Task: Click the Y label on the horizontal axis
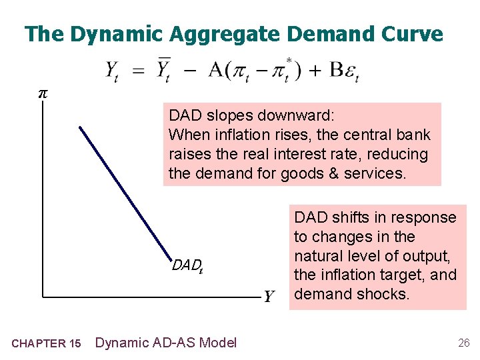[269, 296]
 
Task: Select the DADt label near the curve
[187, 267]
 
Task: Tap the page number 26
[463, 343]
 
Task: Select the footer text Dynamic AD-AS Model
[166, 343]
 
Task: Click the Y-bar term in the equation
[164, 68]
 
